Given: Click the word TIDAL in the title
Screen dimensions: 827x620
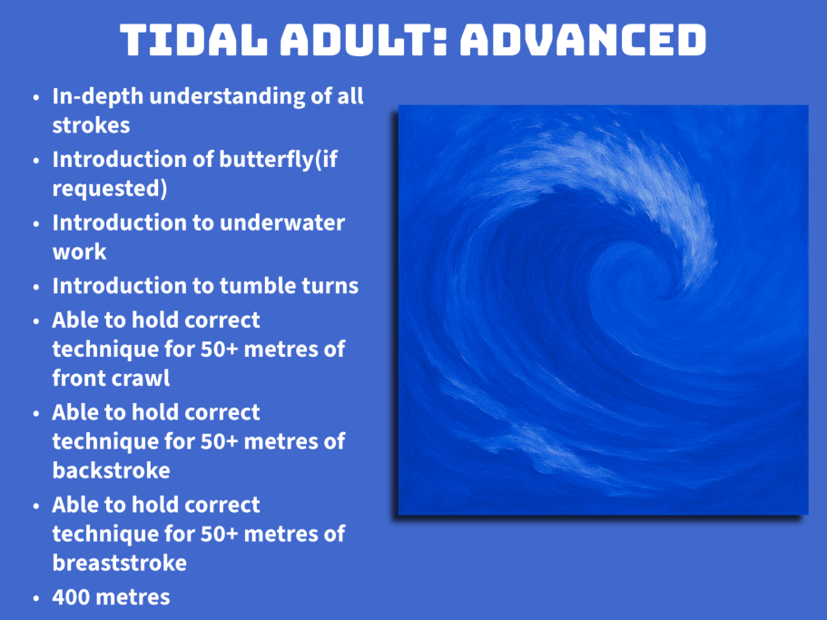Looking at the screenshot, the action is pyautogui.click(x=193, y=40).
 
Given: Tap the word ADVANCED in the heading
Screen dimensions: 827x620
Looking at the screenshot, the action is pyautogui.click(x=583, y=40).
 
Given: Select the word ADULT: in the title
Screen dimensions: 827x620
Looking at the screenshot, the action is pyautogui.click(x=363, y=40).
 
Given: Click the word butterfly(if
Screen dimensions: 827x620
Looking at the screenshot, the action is pyautogui.click(x=278, y=159).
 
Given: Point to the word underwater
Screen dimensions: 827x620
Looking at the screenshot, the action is pyautogui.click(x=282, y=222).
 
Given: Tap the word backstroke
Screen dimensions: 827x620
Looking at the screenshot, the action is pyautogui.click(x=112, y=470).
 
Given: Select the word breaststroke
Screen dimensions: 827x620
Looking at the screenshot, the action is pyautogui.click(x=120, y=563).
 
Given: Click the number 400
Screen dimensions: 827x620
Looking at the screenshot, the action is pyautogui.click(x=71, y=597).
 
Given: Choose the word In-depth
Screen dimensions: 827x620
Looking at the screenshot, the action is pyautogui.click(x=97, y=97).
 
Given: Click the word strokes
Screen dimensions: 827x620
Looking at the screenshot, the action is pyautogui.click(x=92, y=125).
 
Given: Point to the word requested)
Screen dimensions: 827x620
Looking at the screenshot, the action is pyautogui.click(x=110, y=189).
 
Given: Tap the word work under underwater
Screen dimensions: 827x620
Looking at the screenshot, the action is pyautogui.click(x=79, y=251).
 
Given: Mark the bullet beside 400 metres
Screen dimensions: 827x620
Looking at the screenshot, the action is pyautogui.click(x=36, y=598).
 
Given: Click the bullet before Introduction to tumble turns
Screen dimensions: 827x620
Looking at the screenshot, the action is pyautogui.click(x=36, y=288).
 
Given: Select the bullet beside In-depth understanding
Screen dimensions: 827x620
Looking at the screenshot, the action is pyautogui.click(x=36, y=97).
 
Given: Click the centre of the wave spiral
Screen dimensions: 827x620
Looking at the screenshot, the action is pyautogui.click(x=627, y=274).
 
